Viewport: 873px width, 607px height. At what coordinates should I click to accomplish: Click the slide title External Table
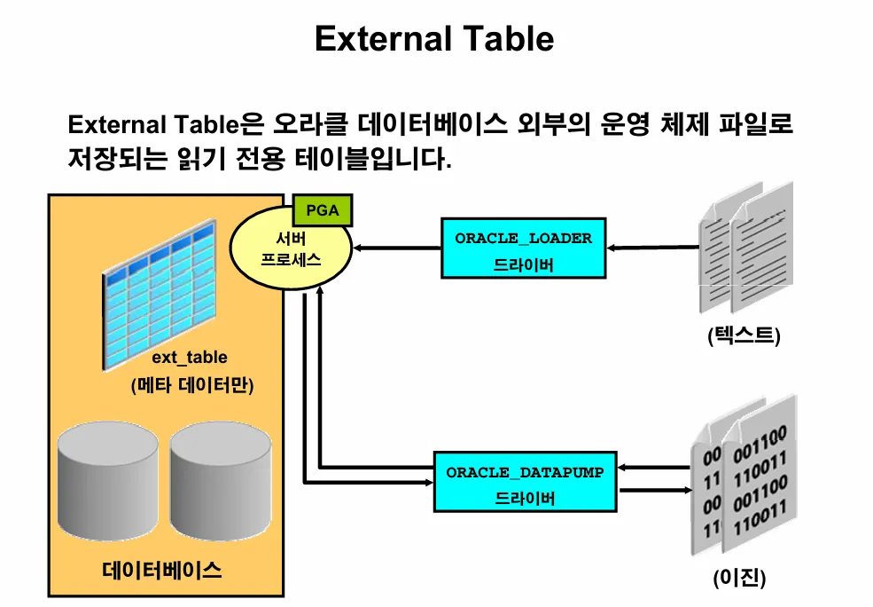[x=434, y=39]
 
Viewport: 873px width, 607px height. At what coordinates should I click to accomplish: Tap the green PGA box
[x=323, y=211]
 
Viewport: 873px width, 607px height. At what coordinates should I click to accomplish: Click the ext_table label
[x=190, y=358]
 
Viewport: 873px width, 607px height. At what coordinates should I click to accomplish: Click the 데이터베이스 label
[x=162, y=569]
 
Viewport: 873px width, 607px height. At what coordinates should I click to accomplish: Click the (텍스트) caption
[x=744, y=336]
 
